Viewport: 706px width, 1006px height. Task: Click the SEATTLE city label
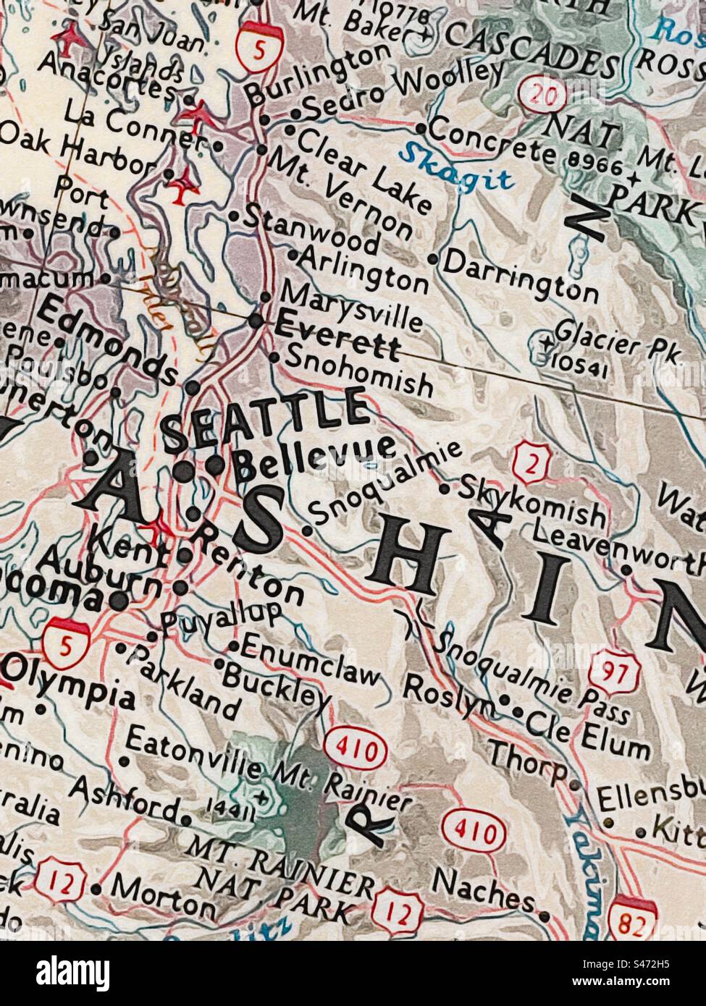265,420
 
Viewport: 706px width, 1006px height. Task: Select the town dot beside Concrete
421,128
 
